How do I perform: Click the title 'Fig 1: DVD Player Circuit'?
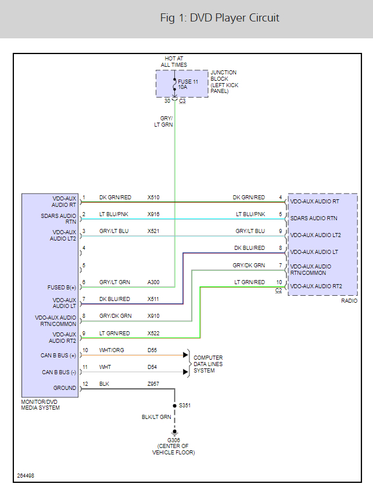tap(220, 18)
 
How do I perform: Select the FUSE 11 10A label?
tap(188, 84)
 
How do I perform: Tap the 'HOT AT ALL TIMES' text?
tap(174, 62)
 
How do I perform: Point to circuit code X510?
tap(153, 198)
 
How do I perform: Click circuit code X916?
tap(153, 214)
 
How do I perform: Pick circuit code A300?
tap(153, 282)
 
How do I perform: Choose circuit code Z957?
tap(153, 384)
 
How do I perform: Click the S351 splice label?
tap(184, 405)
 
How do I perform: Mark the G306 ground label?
tap(174, 440)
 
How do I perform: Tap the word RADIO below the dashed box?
tap(349, 300)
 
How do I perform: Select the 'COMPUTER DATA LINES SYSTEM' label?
tap(208, 364)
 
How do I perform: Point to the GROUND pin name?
tap(65, 388)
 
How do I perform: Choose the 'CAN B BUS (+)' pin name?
tap(59, 354)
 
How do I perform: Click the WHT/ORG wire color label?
tap(112, 350)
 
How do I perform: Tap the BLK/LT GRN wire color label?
tap(157, 417)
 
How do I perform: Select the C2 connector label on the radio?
tap(279, 290)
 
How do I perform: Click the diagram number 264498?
tap(26, 475)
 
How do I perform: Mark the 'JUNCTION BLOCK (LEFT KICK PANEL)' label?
tap(224, 82)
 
